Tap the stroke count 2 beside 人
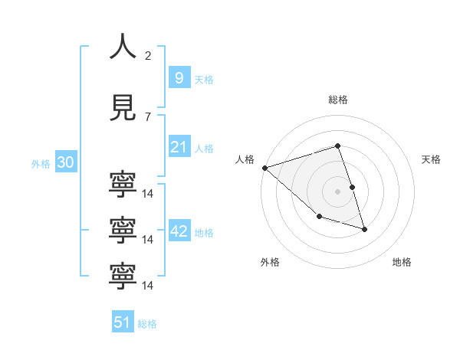(x=148, y=56)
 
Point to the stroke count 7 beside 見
(x=148, y=117)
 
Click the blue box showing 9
(x=179, y=78)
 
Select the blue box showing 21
(x=179, y=147)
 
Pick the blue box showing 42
(x=179, y=231)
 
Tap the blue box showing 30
(x=65, y=162)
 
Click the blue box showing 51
(x=122, y=322)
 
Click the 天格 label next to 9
(x=204, y=80)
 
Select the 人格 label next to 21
(x=204, y=149)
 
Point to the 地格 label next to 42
(x=204, y=233)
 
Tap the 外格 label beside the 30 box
(x=41, y=164)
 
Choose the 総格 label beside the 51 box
(x=147, y=324)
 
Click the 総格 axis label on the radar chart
(x=338, y=100)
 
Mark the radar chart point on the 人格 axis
(x=264, y=168)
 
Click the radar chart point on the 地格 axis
(x=364, y=229)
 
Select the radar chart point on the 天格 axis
(x=352, y=187)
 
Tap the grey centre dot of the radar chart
(x=338, y=191)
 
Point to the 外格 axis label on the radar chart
(x=270, y=262)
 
